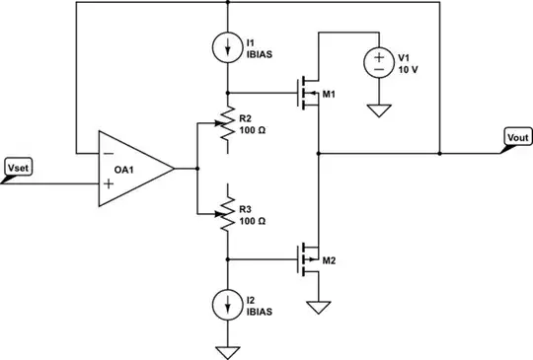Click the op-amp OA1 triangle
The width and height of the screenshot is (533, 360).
133,169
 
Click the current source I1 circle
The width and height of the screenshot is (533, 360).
228,46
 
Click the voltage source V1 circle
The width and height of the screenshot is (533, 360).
379,64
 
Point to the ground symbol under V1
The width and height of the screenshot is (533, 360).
379,109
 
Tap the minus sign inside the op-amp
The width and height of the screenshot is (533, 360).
107,154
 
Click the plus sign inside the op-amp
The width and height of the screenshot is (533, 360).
107,183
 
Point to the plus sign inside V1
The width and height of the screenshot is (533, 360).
379,57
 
